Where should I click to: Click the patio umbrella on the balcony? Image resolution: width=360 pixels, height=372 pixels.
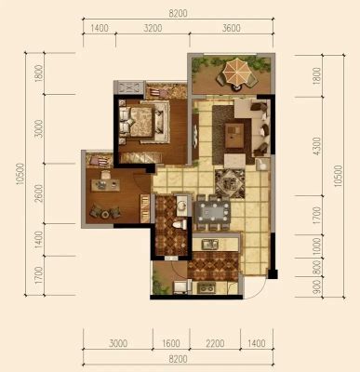click(x=237, y=73)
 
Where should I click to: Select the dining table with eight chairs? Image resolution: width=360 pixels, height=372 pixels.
click(x=213, y=212)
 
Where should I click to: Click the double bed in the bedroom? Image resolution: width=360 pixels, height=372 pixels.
click(x=138, y=122)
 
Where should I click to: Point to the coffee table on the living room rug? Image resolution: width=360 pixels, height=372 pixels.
click(x=234, y=136)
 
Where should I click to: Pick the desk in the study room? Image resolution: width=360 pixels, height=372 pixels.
click(x=105, y=185)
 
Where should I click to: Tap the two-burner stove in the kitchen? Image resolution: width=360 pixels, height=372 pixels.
click(x=207, y=288)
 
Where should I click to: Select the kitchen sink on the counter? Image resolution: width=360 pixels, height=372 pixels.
click(x=210, y=244)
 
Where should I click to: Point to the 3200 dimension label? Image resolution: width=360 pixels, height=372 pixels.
click(x=153, y=28)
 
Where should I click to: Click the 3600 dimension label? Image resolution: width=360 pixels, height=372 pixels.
click(x=232, y=28)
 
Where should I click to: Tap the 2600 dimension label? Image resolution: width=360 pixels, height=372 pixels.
click(x=39, y=193)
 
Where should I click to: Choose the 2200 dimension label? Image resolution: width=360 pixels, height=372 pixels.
click(x=215, y=343)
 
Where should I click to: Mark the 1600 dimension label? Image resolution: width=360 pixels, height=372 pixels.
click(x=171, y=343)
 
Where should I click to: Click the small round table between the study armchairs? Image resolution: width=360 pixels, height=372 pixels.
click(x=105, y=214)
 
